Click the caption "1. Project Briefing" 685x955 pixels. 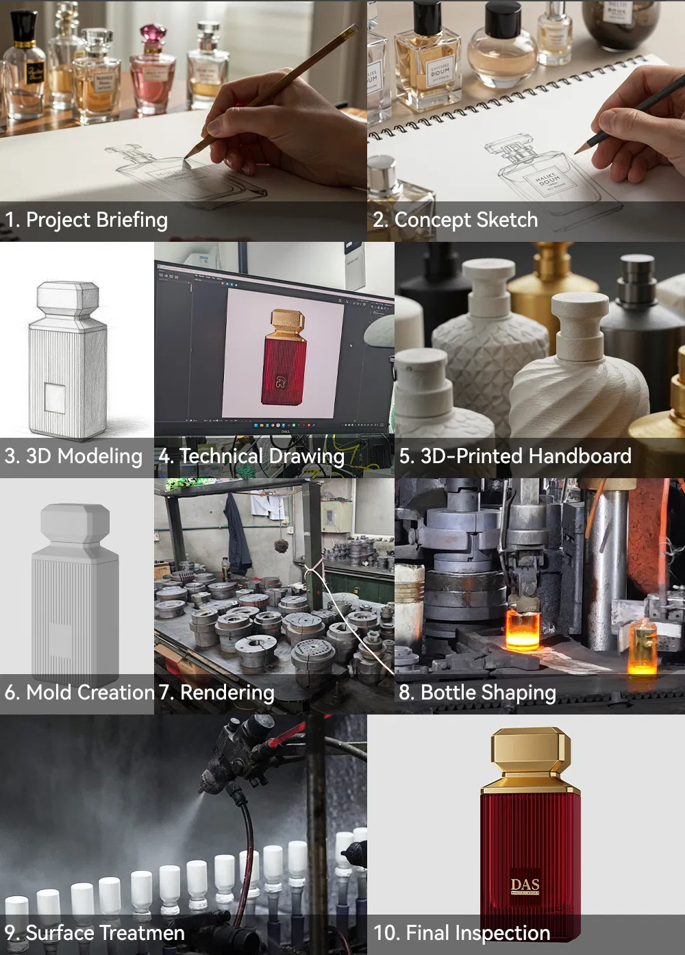click(x=86, y=220)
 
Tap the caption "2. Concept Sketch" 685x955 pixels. click(x=456, y=220)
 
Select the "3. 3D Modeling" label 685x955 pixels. click(x=73, y=456)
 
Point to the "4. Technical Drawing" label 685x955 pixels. click(x=251, y=456)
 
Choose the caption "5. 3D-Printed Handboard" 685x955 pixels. click(x=515, y=456)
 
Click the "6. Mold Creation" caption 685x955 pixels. click(x=79, y=693)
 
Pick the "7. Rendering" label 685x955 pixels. click(x=216, y=693)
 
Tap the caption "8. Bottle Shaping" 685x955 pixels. click(x=477, y=693)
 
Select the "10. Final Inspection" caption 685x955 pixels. click(x=462, y=933)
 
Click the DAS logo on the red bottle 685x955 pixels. click(x=525, y=886)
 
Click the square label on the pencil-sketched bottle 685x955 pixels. click(x=55, y=398)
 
